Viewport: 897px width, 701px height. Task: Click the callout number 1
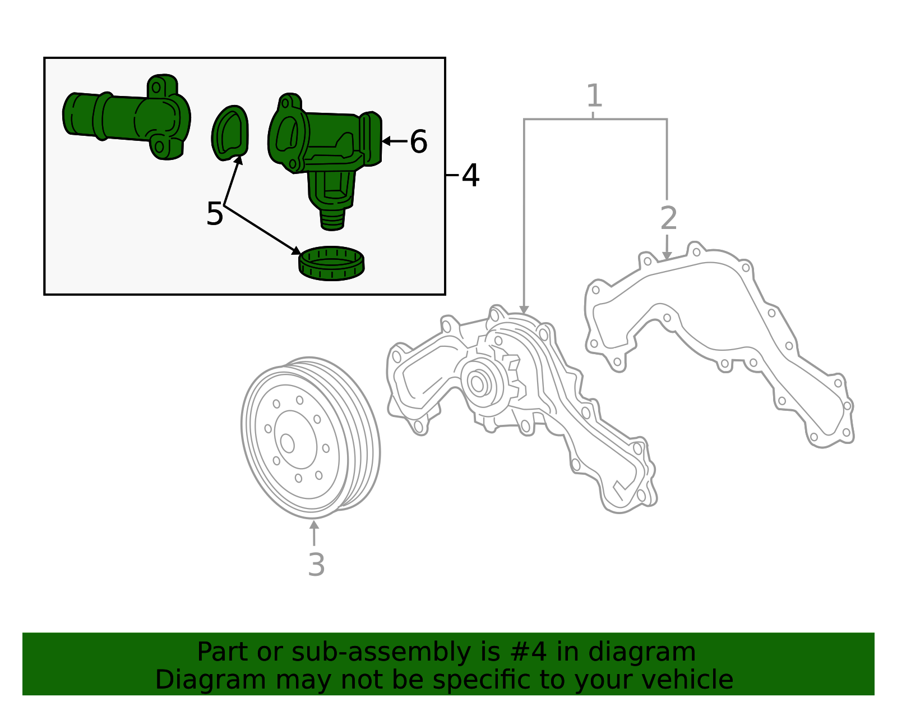click(594, 96)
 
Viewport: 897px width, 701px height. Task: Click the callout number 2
click(668, 218)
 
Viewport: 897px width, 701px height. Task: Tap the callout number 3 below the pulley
click(316, 565)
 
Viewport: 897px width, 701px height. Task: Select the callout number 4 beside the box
click(470, 176)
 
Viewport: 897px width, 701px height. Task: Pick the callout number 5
click(214, 214)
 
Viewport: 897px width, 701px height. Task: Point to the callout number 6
click(418, 141)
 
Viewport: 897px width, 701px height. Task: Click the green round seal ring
click(331, 264)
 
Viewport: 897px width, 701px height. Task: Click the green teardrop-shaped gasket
click(230, 133)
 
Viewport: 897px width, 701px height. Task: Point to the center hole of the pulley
click(288, 443)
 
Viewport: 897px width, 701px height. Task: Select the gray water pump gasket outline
click(723, 342)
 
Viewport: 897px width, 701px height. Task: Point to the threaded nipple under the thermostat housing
click(332, 220)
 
